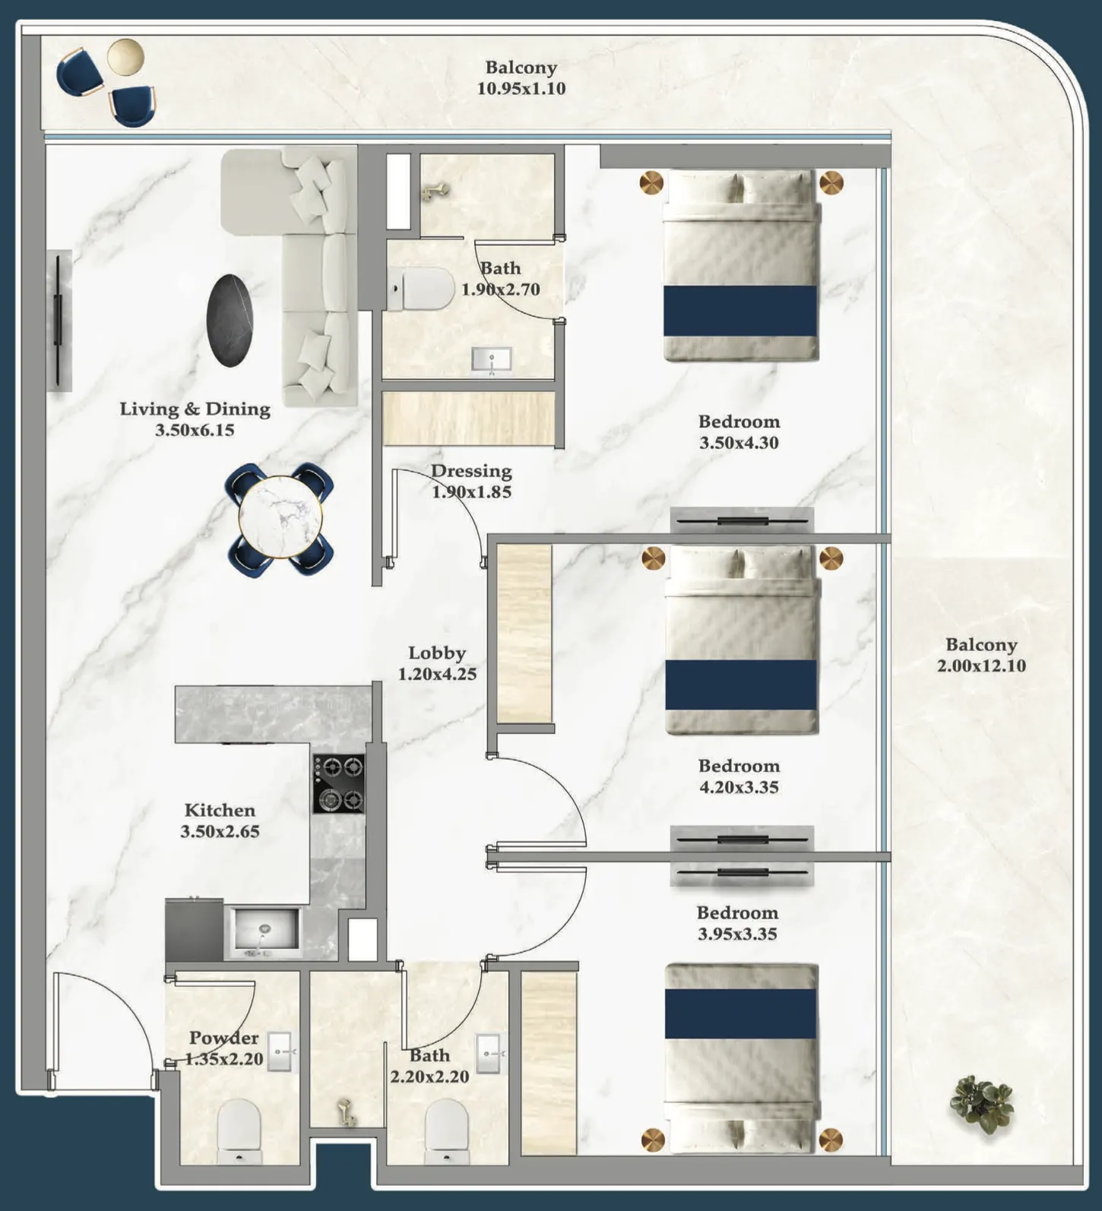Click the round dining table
click(280, 519)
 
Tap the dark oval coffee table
click(230, 320)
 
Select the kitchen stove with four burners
click(339, 783)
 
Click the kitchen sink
click(264, 929)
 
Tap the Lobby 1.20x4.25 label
click(437, 663)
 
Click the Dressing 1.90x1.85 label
click(471, 481)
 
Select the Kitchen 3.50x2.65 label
click(220, 821)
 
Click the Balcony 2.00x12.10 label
click(980, 655)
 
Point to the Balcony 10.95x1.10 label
click(521, 77)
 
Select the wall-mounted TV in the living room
click(59, 320)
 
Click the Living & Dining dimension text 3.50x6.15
click(195, 430)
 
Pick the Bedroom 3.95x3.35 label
click(737, 923)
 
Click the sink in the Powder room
click(279, 1051)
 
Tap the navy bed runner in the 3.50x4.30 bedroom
click(740, 311)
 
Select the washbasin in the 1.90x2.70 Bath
click(492, 359)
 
